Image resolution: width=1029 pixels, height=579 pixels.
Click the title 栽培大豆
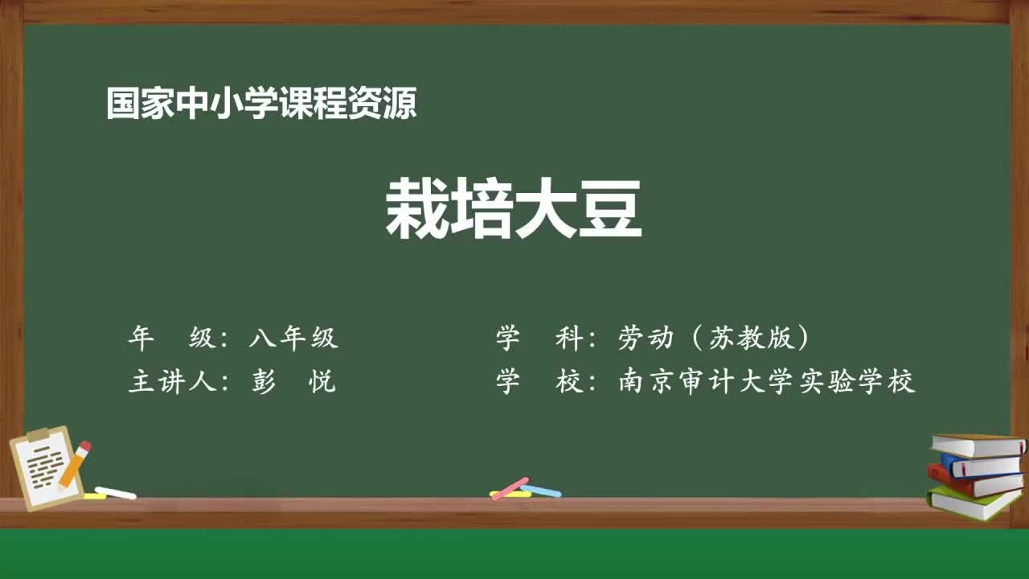point(514,209)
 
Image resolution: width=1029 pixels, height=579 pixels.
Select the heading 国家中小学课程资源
point(261,104)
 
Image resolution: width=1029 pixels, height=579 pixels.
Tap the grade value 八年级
point(293,339)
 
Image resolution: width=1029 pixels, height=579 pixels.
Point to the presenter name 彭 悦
point(293,382)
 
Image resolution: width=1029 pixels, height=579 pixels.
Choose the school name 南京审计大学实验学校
point(767,382)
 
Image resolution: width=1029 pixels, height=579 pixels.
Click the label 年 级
point(172,339)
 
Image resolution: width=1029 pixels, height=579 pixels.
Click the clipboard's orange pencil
point(75,464)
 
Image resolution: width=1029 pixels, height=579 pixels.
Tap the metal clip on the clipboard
point(38,435)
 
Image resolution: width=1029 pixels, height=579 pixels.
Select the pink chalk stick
point(510,487)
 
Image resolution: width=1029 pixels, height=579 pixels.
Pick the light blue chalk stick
point(541,491)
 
